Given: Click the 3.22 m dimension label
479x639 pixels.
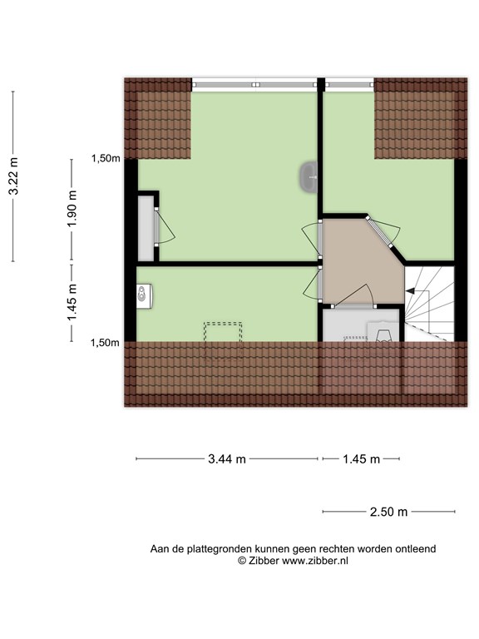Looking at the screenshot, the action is click(x=14, y=176).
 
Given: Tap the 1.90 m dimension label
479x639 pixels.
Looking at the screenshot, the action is click(x=72, y=209).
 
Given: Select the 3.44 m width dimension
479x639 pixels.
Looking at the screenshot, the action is click(x=227, y=459).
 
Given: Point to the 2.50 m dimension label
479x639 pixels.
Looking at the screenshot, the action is click(x=388, y=512).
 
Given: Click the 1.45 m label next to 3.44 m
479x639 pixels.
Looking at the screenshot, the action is click(x=361, y=459).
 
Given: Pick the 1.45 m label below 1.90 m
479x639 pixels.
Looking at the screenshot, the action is click(x=72, y=302).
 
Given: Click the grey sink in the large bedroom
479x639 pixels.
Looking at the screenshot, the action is click(x=309, y=177).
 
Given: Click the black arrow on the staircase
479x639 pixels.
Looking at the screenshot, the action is click(x=410, y=290).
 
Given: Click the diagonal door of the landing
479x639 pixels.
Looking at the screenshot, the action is click(x=379, y=232).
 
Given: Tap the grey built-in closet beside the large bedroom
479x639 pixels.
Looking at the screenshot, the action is click(x=146, y=228).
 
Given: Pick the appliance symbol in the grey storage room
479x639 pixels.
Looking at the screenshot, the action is click(x=383, y=332).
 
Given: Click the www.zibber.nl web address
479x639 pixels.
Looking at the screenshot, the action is click(x=315, y=561).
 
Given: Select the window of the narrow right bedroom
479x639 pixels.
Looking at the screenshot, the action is click(x=349, y=85).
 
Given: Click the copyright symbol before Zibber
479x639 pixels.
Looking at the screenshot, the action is click(x=242, y=561).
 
